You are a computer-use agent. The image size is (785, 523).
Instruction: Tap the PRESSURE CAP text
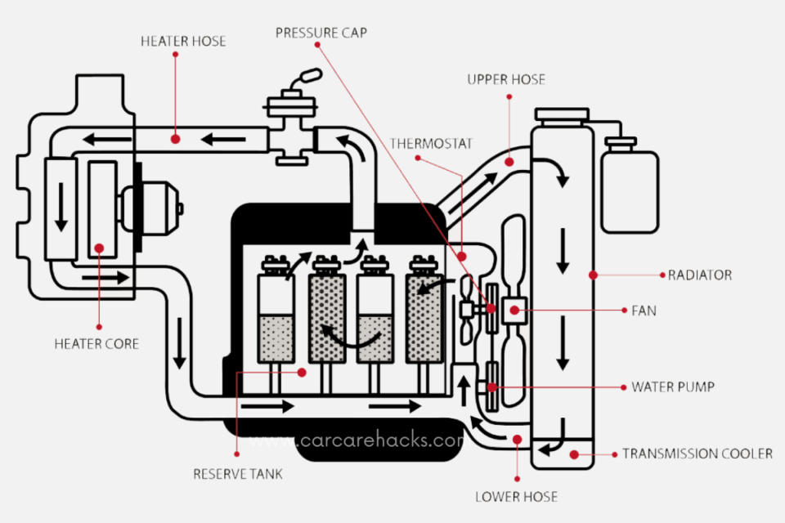[x=321, y=33]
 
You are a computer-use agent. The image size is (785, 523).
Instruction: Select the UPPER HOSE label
[x=506, y=79]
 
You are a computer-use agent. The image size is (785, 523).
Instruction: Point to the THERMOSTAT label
[x=431, y=143]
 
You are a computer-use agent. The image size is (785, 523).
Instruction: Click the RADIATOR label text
[x=699, y=275]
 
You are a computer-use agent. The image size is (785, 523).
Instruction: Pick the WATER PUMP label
[x=672, y=387]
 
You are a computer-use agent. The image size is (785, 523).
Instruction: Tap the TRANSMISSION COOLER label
[x=697, y=454]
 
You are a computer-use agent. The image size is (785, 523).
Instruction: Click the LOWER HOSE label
[x=516, y=496]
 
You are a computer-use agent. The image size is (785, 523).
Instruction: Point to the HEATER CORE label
[x=96, y=344]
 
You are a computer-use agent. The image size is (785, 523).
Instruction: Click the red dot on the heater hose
[x=175, y=140]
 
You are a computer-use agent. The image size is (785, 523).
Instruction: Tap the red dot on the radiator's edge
[x=593, y=275]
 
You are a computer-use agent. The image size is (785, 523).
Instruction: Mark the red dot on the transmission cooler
[x=574, y=454]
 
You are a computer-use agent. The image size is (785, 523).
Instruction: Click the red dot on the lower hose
[x=516, y=440]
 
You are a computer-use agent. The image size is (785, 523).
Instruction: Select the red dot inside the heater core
[x=99, y=247]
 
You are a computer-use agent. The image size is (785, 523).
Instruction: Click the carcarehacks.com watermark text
[x=380, y=441]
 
